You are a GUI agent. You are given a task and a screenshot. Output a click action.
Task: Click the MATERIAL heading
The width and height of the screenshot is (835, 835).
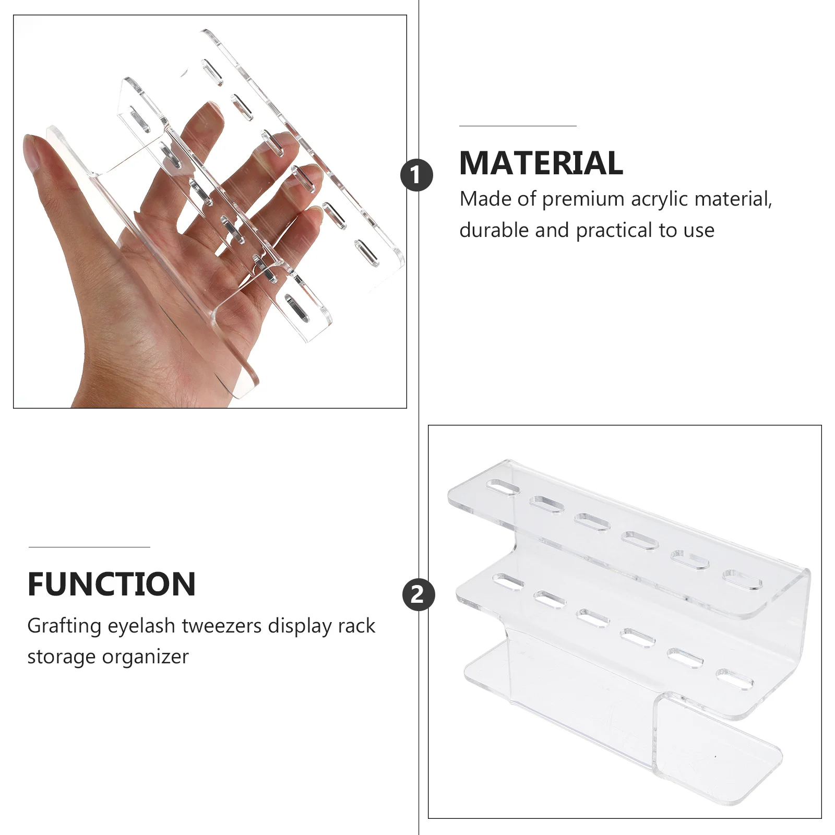541,163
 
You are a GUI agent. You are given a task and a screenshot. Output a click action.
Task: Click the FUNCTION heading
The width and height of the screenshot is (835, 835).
112,584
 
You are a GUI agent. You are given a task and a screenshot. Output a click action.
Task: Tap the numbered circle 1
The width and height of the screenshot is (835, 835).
416,175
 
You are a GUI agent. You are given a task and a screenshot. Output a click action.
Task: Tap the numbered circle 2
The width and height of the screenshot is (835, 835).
418,594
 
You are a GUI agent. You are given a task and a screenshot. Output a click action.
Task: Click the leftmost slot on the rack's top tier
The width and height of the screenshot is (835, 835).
503,488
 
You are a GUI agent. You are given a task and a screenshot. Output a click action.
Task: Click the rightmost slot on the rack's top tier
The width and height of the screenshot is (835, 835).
742,580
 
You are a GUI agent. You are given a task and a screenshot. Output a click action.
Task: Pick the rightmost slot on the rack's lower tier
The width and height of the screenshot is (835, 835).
734,679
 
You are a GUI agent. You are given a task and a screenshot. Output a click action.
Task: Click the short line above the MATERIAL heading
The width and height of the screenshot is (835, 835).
517,126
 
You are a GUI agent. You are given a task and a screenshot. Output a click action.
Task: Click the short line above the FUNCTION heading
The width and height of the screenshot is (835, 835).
89,547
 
